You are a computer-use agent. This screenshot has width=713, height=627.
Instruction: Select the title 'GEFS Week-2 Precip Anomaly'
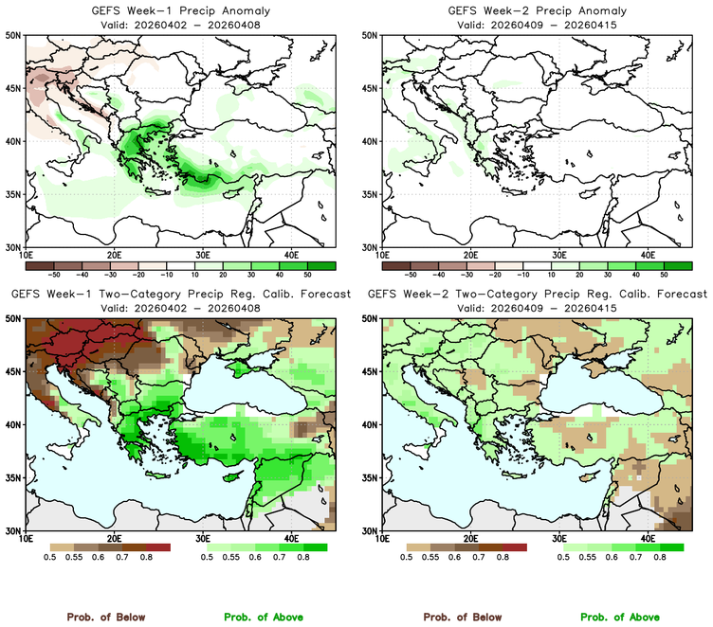pyautogui.click(x=534, y=10)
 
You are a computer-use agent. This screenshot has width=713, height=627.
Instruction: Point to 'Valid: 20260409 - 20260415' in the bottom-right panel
pyautogui.click(x=534, y=308)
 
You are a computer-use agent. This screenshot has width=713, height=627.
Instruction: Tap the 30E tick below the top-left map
pyautogui.click(x=203, y=255)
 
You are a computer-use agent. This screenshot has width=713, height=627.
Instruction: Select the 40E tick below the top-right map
pyautogui.click(x=649, y=255)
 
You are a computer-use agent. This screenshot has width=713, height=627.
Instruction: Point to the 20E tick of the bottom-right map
pyautogui.click(x=471, y=539)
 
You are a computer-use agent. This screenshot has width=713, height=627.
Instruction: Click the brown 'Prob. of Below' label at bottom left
pyautogui.click(x=105, y=617)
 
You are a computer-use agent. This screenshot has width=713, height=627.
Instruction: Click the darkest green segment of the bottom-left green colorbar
pyautogui.click(x=315, y=547)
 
